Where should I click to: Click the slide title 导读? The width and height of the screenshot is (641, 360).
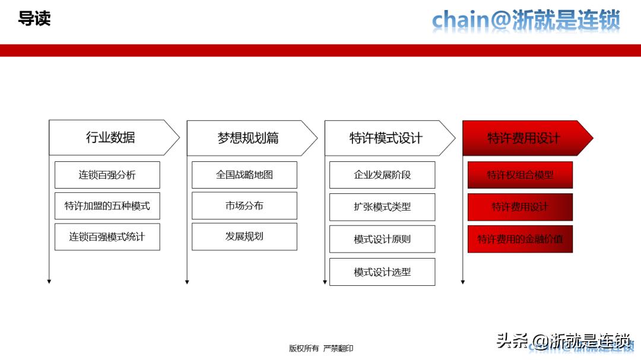coord(34,18)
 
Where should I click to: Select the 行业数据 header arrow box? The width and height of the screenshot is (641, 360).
coord(111,138)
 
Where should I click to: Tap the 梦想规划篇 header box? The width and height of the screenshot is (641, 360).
coord(248,138)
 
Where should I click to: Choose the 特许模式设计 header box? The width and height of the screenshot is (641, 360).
coord(386,138)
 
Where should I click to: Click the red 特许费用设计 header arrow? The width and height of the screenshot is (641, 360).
coord(523,138)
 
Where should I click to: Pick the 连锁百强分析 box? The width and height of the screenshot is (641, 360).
coord(107,175)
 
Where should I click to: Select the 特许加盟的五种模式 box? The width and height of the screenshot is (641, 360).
coord(107,206)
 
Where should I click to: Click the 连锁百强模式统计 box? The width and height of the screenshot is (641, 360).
coord(107,237)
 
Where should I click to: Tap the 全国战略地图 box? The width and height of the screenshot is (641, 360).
coord(245,175)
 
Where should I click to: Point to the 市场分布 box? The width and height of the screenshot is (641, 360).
coord(245,206)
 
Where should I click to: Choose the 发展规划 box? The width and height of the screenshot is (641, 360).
coord(245,236)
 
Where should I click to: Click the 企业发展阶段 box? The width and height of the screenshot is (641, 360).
coord(382,175)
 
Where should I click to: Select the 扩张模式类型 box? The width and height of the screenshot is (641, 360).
coord(382,207)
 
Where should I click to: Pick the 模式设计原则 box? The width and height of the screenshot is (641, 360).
coord(382,239)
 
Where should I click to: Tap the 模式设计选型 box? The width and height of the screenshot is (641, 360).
coord(382,272)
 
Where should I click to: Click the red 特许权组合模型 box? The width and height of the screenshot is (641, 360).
coord(520,175)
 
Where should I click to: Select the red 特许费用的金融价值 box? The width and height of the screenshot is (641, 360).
coord(520,239)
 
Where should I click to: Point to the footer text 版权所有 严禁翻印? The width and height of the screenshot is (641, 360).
coord(320,348)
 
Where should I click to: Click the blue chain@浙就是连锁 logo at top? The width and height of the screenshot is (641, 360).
coord(526,20)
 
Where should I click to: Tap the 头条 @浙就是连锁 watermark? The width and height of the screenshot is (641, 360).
coord(563,340)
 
